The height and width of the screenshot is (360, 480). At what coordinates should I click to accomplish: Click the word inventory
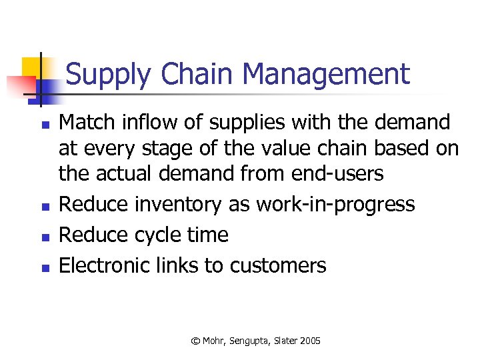tap(179, 204)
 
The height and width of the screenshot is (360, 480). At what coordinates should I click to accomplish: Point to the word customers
tap(278, 265)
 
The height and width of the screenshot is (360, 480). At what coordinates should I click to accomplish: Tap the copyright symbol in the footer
tap(195, 341)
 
